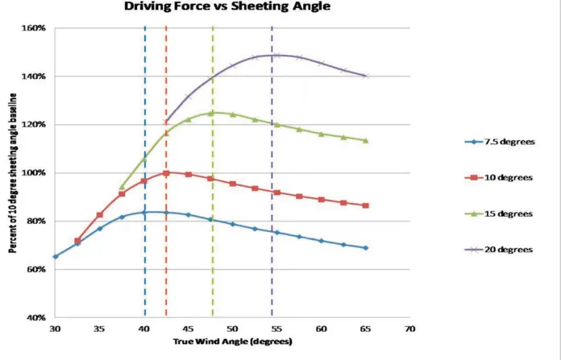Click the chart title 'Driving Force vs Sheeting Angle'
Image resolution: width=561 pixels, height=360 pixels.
tap(227, 6)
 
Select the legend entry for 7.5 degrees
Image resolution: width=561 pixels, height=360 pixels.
tap(500, 142)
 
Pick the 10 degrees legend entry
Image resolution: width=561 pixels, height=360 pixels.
tap(499, 177)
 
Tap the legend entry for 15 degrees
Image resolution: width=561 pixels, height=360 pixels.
tap(499, 213)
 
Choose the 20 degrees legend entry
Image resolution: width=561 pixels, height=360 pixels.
tap(499, 249)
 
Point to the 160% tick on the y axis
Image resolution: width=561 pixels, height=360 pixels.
tap(34, 28)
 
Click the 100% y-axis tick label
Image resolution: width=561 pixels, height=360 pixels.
tap(34, 172)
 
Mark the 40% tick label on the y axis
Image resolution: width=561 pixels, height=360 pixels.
tap(36, 317)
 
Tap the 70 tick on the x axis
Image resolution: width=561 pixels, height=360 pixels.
tap(410, 329)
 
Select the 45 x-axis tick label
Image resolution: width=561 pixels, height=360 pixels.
tap(188, 329)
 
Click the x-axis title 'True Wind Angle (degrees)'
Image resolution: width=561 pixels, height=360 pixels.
tap(233, 341)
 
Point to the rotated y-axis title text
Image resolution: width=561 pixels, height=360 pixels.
tap(13, 173)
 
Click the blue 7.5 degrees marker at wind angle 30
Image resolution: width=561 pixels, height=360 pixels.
tap(55, 257)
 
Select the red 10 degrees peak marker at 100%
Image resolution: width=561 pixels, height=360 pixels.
tap(166, 173)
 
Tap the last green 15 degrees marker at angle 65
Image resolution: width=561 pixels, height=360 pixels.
tap(366, 140)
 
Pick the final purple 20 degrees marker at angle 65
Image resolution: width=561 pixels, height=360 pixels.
tap(366, 76)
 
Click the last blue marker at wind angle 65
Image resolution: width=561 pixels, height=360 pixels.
tap(366, 248)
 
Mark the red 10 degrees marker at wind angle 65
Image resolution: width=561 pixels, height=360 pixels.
tap(366, 205)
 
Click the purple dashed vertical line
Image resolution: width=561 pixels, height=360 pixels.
tap(272, 172)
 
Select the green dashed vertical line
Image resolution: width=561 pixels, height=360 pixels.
tap(213, 172)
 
